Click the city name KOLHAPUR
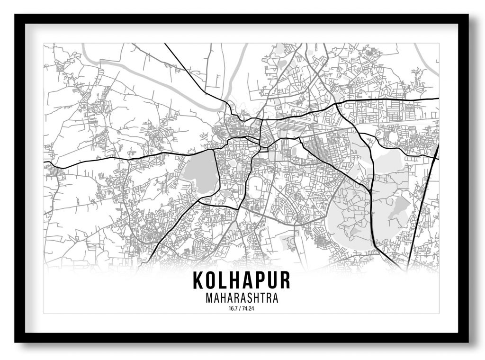tap(242, 280)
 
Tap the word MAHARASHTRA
tap(242, 298)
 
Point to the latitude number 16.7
tap(232, 309)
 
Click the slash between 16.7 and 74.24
tap(239, 309)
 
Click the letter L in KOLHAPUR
tap(224, 280)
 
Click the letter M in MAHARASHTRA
tap(209, 298)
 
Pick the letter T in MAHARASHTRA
tap(266, 298)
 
